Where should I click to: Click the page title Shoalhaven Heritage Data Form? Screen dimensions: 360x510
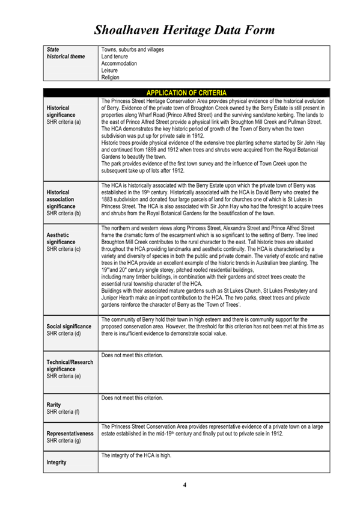coord(185,29)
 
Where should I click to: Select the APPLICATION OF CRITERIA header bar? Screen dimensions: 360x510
coord(186,93)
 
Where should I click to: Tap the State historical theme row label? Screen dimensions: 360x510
coord(66,53)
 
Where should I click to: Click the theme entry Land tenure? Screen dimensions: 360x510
coord(115,56)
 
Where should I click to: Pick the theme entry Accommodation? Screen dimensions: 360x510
coord(119,63)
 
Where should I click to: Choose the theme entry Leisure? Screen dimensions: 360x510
coord(110,70)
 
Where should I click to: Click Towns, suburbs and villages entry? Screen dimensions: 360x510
coord(132,49)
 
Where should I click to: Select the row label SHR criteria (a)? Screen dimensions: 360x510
coord(64,121)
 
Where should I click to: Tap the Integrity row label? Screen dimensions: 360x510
coord(57,463)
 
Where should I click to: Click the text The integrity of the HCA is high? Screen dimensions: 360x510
coord(136,456)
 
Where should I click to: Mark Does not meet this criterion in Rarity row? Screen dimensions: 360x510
coord(132,398)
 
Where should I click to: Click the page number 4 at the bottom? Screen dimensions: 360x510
coord(185,485)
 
